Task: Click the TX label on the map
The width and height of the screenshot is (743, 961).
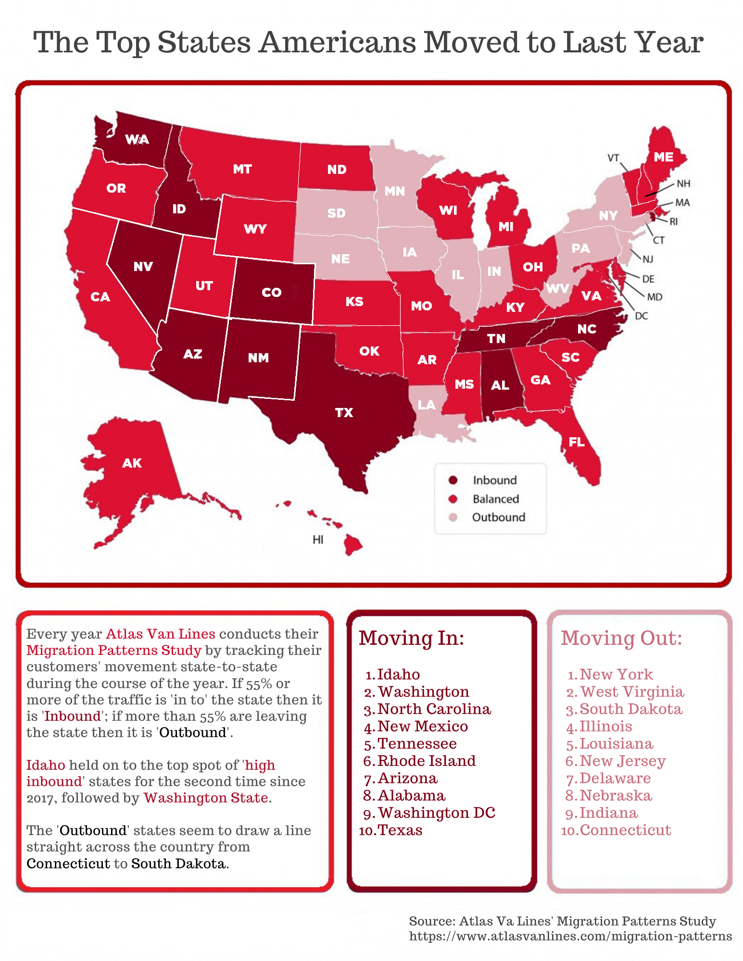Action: pyautogui.click(x=344, y=412)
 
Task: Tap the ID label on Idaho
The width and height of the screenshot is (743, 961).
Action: pyautogui.click(x=179, y=209)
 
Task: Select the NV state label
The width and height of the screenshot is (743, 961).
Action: pyautogui.click(x=143, y=267)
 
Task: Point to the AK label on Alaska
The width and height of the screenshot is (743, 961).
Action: pyautogui.click(x=132, y=463)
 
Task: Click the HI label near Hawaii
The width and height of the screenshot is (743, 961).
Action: pyautogui.click(x=317, y=540)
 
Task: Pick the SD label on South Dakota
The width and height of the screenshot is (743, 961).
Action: pyautogui.click(x=336, y=213)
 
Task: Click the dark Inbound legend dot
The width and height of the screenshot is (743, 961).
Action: pyautogui.click(x=453, y=480)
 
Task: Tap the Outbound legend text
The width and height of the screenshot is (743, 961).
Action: pyautogui.click(x=498, y=517)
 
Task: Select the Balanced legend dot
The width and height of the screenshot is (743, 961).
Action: pyautogui.click(x=453, y=499)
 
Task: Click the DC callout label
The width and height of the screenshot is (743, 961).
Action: pyautogui.click(x=641, y=316)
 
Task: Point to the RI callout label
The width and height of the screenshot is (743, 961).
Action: pyautogui.click(x=673, y=222)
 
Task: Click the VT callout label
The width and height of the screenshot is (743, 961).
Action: pyautogui.click(x=613, y=158)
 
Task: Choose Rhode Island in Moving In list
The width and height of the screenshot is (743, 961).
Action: pyautogui.click(x=426, y=761)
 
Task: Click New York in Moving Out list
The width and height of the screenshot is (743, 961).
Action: pyautogui.click(x=616, y=674)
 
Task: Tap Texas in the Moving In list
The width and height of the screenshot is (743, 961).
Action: pyautogui.click(x=400, y=830)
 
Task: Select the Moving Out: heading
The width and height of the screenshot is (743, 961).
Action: pyautogui.click(x=621, y=638)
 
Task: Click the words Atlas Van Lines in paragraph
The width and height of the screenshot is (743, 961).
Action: pyautogui.click(x=160, y=634)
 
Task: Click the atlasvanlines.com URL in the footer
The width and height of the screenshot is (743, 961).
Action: pyautogui.click(x=570, y=936)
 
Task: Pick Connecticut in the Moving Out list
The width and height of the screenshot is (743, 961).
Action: pyautogui.click(x=625, y=830)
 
